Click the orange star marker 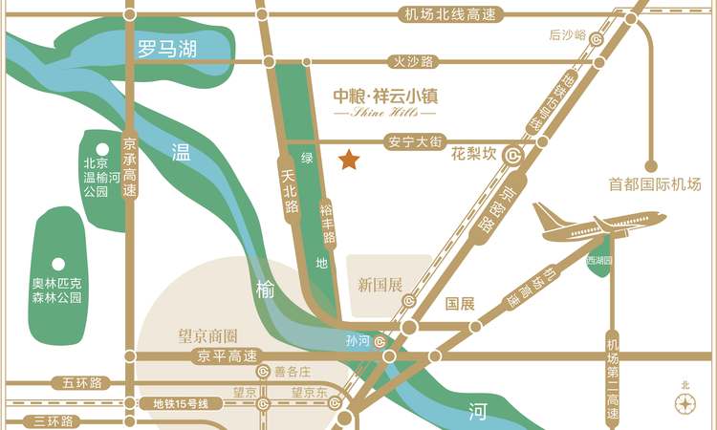pyautogui.click(x=349, y=159)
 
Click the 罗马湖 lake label pyautogui.click(x=166, y=49)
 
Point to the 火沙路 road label pyautogui.click(x=413, y=61)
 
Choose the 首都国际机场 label pyautogui.click(x=656, y=183)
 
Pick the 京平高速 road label pyautogui.click(x=227, y=356)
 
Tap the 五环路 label pyautogui.click(x=82, y=382)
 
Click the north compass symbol pyautogui.click(x=684, y=402)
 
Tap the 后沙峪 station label pyautogui.click(x=568, y=35)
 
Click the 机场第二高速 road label pyautogui.click(x=612, y=379)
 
